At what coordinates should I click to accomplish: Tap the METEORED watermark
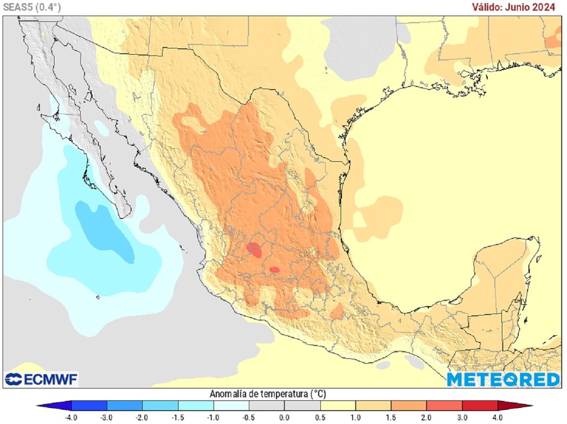tap(503, 379)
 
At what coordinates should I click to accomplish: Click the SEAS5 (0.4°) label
tap(32, 7)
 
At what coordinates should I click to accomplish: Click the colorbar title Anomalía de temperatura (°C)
tap(267, 394)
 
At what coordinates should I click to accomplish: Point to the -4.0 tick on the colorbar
tap(71, 417)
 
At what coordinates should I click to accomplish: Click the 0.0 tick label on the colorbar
tap(284, 417)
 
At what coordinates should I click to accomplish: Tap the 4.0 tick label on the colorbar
tap(497, 417)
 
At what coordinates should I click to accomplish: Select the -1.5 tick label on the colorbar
tap(178, 417)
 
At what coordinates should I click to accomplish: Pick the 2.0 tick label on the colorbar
tap(426, 417)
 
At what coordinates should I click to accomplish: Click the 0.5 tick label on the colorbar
tap(319, 417)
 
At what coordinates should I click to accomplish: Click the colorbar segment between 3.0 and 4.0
tap(480, 405)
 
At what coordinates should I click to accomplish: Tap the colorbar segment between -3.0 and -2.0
tap(125, 405)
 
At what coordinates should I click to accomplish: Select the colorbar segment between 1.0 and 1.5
tap(373, 405)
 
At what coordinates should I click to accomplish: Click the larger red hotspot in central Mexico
tap(255, 249)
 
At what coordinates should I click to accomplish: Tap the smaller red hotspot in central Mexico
tap(274, 270)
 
